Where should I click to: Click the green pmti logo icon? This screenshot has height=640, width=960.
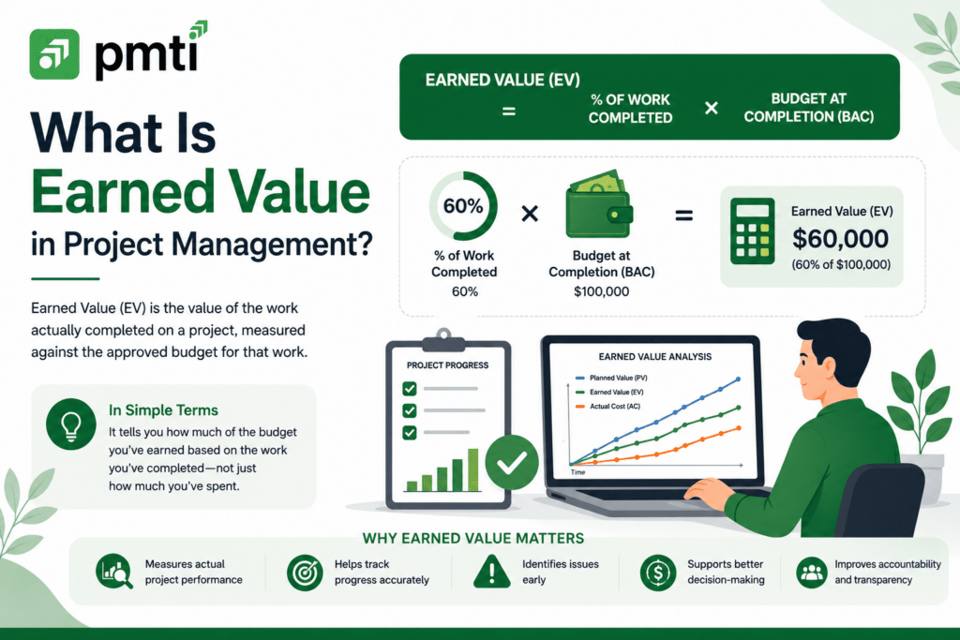tap(54, 53)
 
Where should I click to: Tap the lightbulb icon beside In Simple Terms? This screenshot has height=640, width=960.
tap(71, 424)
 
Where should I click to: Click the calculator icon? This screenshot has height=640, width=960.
tap(753, 231)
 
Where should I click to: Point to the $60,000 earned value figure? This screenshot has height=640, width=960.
tap(840, 238)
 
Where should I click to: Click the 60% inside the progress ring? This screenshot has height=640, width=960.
tap(463, 205)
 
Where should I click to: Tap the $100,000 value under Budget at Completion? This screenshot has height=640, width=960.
tap(601, 291)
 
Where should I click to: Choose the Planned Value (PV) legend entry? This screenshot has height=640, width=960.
tap(611, 378)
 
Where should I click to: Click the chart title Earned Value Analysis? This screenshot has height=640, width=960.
tap(654, 357)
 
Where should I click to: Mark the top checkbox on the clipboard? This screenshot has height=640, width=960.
tap(410, 389)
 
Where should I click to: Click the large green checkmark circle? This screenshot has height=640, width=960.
tap(512, 463)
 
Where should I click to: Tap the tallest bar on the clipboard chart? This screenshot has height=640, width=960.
tap(472, 469)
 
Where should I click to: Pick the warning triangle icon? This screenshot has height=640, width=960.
tap(492, 572)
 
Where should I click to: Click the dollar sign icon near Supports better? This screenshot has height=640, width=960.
tap(658, 573)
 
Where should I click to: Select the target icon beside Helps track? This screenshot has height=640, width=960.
tap(305, 573)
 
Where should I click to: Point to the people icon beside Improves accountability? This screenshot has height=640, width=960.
tap(812, 573)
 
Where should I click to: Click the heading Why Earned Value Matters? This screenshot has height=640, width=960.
tap(473, 539)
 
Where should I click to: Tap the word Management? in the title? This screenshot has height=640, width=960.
tap(272, 245)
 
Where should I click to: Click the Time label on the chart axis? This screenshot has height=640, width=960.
tap(577, 472)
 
